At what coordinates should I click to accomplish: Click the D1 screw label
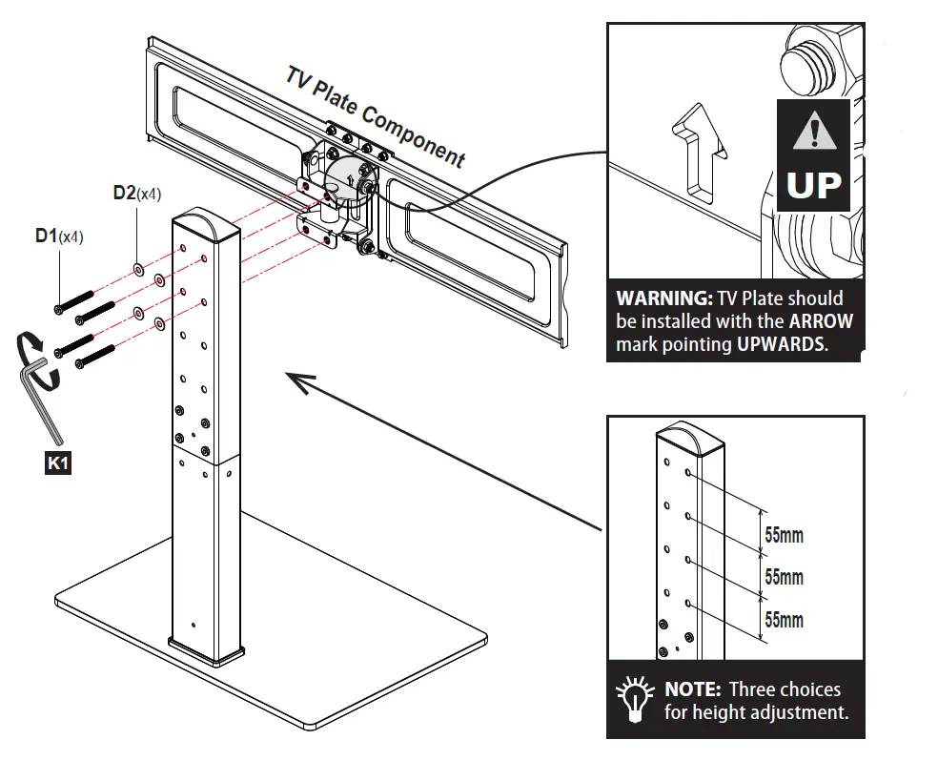point(48,235)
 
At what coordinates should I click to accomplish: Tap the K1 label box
point(58,464)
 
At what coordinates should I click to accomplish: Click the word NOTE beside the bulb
point(691,689)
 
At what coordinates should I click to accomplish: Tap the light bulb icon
point(633,699)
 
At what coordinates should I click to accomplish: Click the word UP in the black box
point(813,185)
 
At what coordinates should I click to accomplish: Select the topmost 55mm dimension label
point(784,535)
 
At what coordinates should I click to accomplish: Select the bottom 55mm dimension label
point(784,621)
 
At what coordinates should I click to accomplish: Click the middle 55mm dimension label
point(784,578)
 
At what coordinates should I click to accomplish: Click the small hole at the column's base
point(193,627)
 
